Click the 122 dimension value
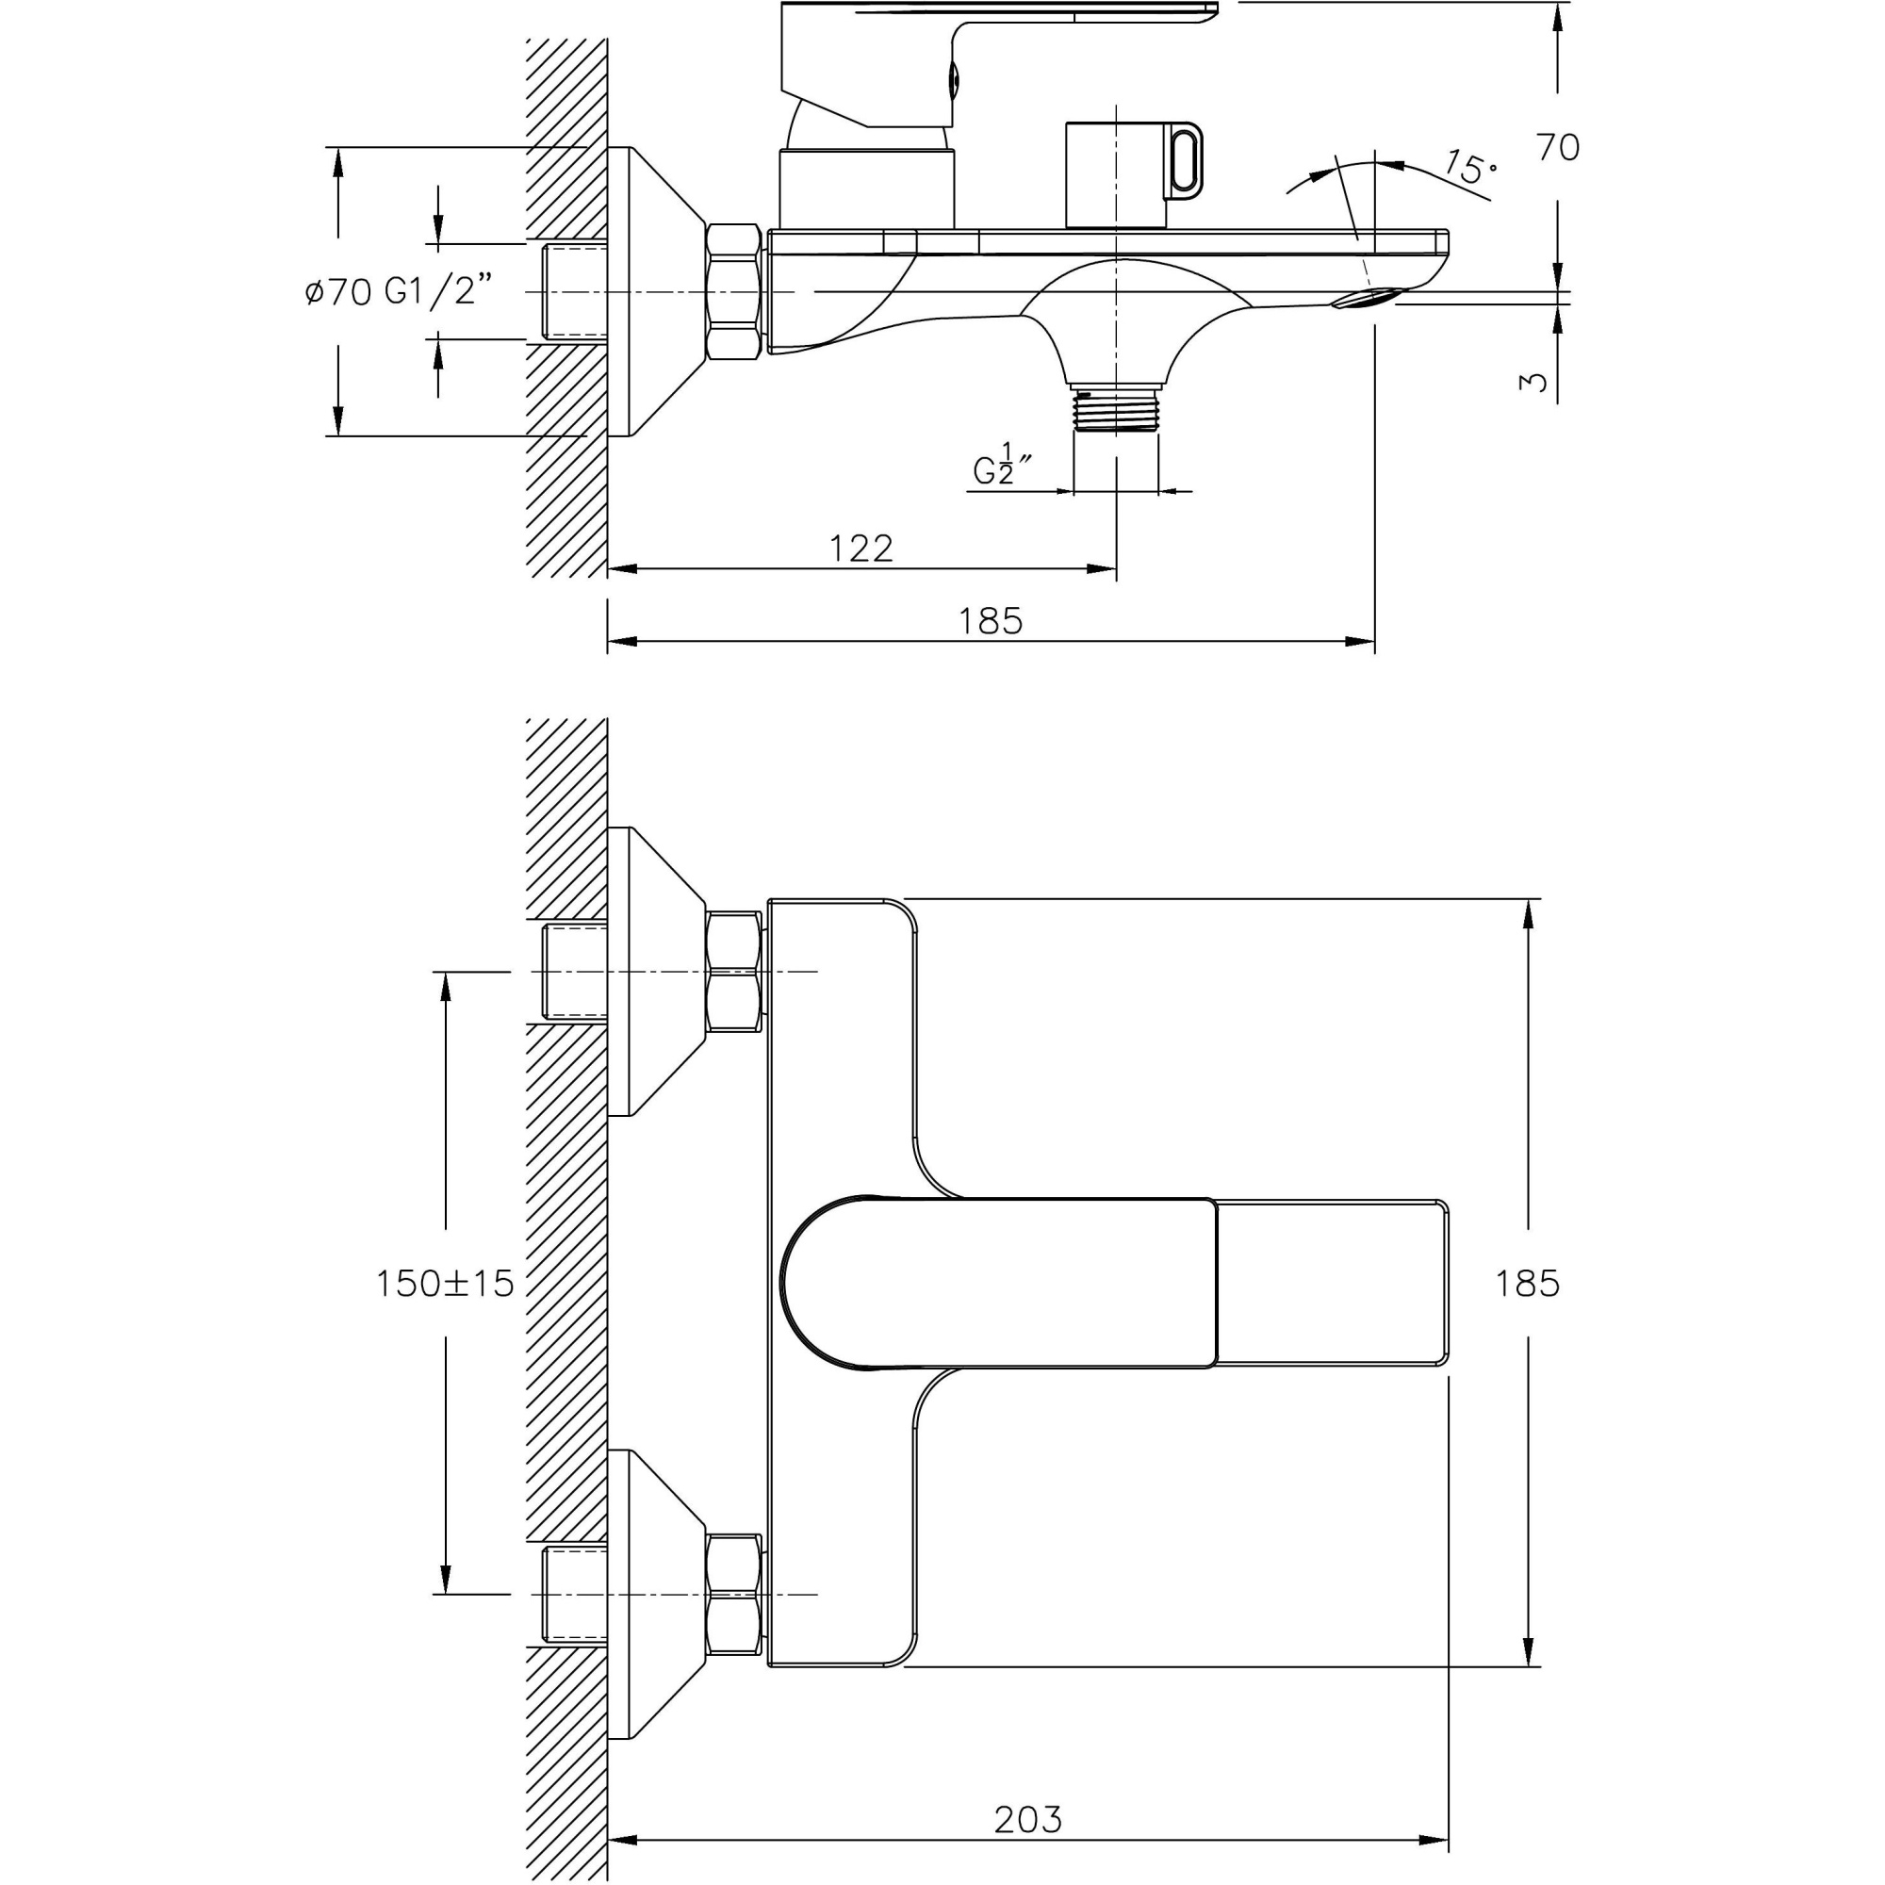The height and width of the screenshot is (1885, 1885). click(861, 549)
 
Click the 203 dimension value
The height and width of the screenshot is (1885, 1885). click(1027, 1820)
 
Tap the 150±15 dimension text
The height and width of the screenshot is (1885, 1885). click(445, 1283)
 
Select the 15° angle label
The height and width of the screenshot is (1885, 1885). click(1470, 168)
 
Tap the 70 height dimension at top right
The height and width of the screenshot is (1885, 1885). click(1557, 148)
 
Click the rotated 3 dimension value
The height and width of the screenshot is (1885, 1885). click(1533, 382)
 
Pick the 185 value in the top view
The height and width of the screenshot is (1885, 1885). click(1527, 1284)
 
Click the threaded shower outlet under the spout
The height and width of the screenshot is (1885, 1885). click(1115, 407)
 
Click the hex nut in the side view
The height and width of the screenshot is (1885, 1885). click(732, 292)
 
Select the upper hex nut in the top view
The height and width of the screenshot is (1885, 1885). click(732, 971)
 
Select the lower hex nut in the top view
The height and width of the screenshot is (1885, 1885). click(732, 1595)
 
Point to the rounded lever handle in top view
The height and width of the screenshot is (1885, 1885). click(995, 1283)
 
